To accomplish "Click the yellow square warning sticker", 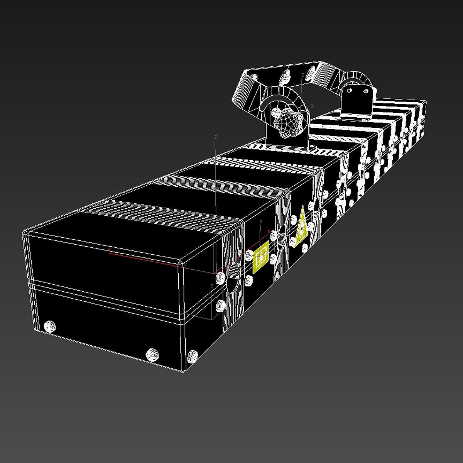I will point(261,257).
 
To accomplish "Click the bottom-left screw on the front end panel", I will point(50,326).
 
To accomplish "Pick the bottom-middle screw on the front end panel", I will point(152,354).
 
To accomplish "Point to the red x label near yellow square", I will point(269,242).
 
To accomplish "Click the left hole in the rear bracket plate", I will point(350,91).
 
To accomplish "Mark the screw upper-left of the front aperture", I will point(220,277).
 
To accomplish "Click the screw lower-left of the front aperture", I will point(220,306).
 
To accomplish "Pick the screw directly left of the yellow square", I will point(249,255).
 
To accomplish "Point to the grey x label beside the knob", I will point(312,106).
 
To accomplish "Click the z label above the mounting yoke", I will point(303,74).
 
